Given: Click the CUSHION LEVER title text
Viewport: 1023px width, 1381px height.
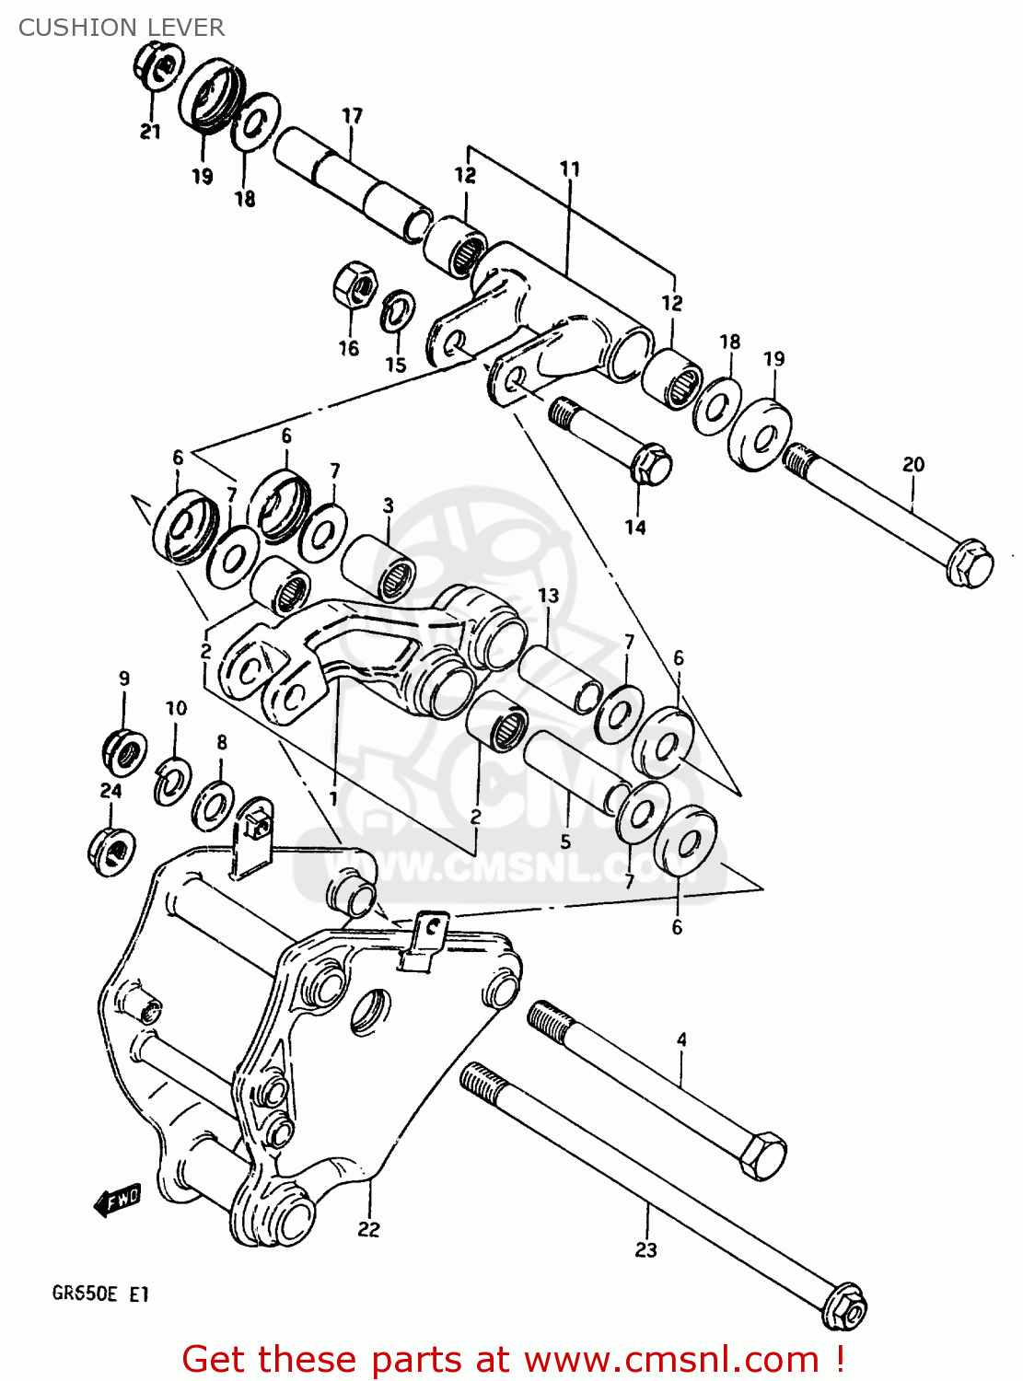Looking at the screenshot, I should click(121, 28).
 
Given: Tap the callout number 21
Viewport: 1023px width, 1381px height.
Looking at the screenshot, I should click(150, 132).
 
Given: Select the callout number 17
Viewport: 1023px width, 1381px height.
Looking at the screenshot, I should click(352, 116).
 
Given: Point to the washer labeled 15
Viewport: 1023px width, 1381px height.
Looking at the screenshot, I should click(398, 310).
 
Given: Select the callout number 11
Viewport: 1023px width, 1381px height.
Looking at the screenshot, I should click(570, 169).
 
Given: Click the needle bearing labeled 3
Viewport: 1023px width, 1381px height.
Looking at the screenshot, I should click(380, 568).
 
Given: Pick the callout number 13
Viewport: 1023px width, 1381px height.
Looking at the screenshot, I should click(549, 596).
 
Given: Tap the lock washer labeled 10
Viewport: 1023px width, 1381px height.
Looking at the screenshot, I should click(172, 780).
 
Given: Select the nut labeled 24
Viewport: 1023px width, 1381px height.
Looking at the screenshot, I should click(111, 850).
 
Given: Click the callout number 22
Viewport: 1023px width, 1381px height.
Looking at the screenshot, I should click(368, 1229).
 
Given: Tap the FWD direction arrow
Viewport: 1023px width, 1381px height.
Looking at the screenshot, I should click(117, 1201).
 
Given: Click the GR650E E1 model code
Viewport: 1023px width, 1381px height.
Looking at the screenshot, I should click(99, 1294).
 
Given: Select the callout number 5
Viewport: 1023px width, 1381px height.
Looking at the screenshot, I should click(565, 841).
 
